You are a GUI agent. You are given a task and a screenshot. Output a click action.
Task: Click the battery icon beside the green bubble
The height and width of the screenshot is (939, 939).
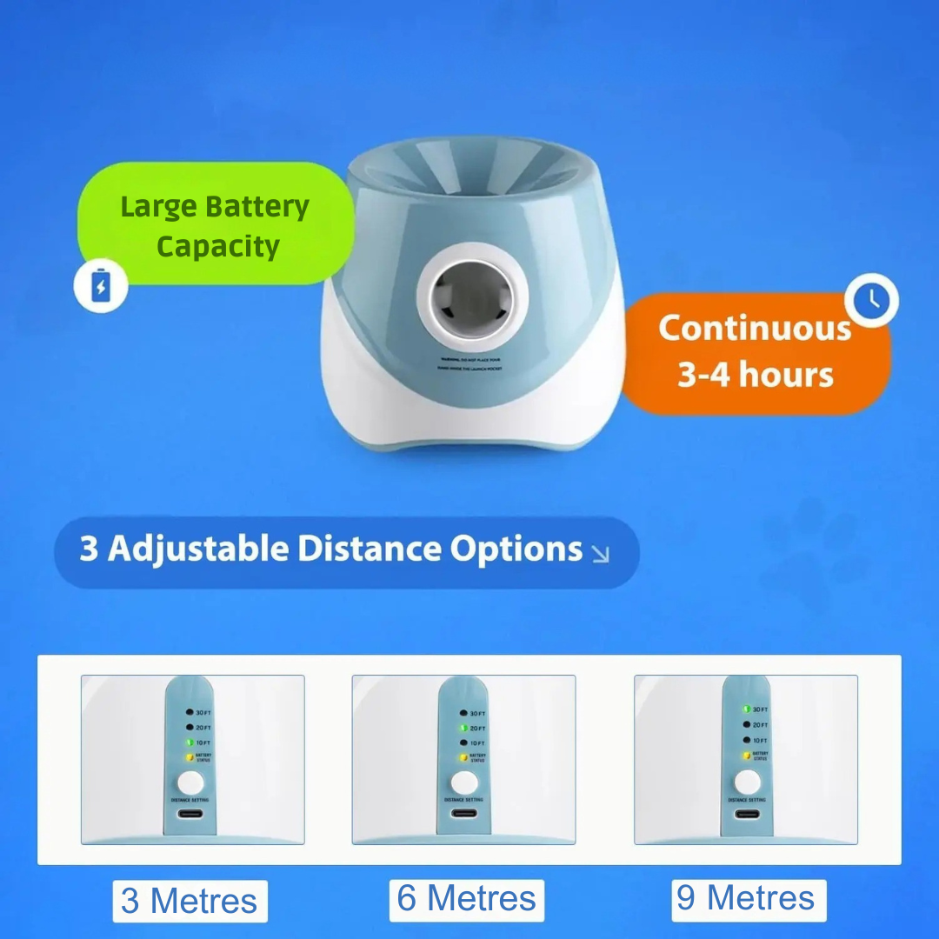(x=101, y=287)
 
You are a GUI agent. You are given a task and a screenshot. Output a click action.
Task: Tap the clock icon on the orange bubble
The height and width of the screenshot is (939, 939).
(x=871, y=301)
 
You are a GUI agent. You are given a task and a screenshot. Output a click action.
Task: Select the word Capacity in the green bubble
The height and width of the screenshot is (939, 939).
(x=217, y=246)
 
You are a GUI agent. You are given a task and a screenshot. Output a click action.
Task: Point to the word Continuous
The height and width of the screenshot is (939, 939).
(x=755, y=328)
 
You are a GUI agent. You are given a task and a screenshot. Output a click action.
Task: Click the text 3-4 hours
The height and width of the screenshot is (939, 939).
(x=755, y=375)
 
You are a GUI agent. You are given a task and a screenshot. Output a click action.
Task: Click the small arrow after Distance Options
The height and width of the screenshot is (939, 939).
(x=600, y=553)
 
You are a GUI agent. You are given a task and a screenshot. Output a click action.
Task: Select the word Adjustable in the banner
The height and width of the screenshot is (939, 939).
(x=197, y=549)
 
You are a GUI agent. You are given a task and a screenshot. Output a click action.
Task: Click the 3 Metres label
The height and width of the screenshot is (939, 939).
(x=190, y=901)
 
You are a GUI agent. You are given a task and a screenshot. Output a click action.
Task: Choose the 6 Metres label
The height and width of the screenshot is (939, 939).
(x=466, y=899)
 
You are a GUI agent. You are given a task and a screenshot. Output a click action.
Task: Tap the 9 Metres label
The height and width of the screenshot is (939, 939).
(x=749, y=898)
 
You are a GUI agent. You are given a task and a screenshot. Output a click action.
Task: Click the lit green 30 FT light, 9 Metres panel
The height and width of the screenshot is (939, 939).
(x=746, y=709)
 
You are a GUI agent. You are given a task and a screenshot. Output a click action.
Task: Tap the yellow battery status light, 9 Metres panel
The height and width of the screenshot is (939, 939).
(x=746, y=756)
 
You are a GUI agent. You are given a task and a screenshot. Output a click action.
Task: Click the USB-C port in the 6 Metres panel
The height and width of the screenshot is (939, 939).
(x=463, y=815)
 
